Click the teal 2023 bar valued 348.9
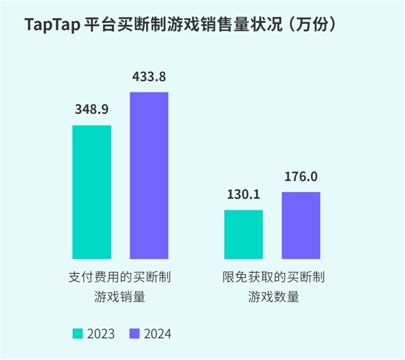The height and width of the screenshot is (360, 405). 92,192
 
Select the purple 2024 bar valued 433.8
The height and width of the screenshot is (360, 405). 149,175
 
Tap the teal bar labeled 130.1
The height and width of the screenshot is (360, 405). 244,234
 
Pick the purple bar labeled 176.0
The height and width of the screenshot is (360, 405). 301,225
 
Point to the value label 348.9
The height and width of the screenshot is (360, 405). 92,110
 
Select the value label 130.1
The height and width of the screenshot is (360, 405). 244,194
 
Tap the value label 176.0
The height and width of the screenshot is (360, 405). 301,177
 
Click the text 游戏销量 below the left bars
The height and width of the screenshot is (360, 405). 120,297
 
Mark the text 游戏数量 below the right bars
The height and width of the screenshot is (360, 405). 273,297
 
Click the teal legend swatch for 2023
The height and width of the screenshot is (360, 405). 77,333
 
